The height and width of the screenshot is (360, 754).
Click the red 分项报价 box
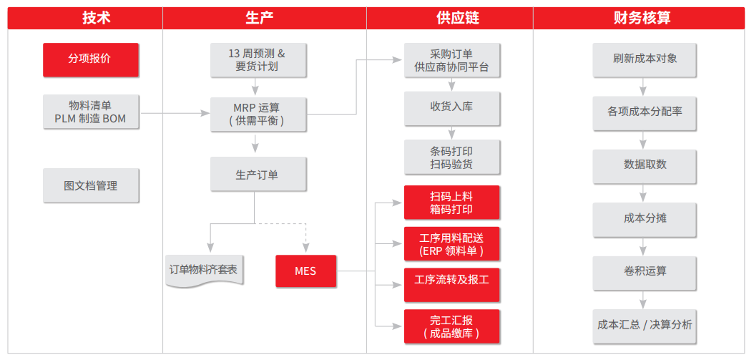(x=91, y=59)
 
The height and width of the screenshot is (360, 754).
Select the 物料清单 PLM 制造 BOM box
(x=91, y=112)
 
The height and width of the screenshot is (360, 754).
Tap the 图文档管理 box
(x=91, y=185)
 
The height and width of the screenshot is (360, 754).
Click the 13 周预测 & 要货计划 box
(x=258, y=59)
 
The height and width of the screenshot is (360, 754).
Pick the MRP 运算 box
(x=258, y=115)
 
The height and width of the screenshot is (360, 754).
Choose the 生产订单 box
(x=258, y=174)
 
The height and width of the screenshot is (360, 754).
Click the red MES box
(x=306, y=271)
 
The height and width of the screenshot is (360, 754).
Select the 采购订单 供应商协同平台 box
(x=451, y=59)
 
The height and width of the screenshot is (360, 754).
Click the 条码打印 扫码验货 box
(x=451, y=157)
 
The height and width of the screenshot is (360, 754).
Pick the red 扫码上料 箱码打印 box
(x=451, y=203)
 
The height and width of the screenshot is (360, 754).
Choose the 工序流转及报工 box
(x=451, y=285)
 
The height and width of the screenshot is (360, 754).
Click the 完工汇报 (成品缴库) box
(x=451, y=326)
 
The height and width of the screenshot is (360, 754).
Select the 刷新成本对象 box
(x=645, y=59)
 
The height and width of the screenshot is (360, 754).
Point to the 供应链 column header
(x=450, y=19)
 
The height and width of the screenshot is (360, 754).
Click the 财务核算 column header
(x=639, y=19)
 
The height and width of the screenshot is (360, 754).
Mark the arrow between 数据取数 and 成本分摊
(x=643, y=193)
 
